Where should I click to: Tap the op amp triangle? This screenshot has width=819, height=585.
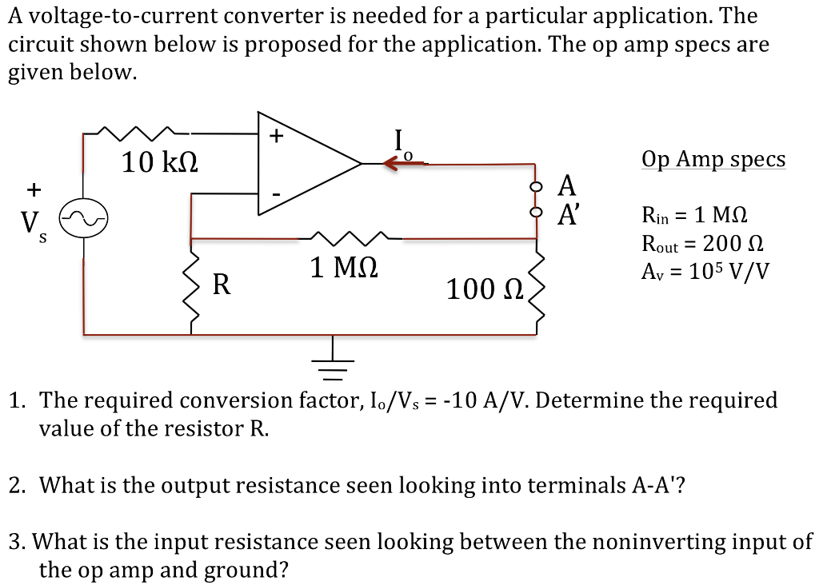click(304, 164)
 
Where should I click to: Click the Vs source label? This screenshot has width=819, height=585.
click(33, 221)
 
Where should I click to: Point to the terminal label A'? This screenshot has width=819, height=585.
click(567, 214)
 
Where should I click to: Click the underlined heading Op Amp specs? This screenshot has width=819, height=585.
click(713, 159)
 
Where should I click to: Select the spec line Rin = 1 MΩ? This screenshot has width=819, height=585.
click(695, 215)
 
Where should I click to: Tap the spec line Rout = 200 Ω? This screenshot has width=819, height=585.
click(703, 243)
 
